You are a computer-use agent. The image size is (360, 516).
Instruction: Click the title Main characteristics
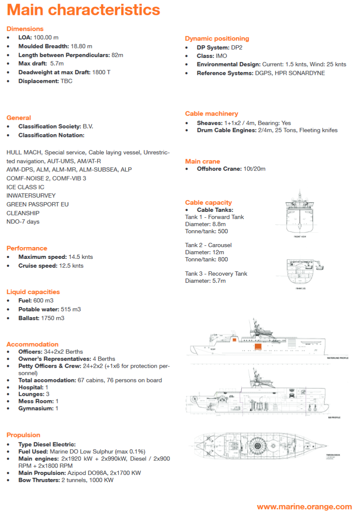tap(83, 10)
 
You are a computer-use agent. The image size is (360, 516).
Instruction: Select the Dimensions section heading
tap(25, 29)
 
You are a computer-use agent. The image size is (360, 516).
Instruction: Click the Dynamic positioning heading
tap(217, 39)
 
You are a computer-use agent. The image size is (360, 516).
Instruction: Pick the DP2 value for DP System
tap(236, 47)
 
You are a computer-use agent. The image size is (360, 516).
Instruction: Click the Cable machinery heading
tap(211, 114)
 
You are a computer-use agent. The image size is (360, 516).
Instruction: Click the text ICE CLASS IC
tap(25, 187)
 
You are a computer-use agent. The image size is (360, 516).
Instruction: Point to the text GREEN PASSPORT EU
tap(37, 204)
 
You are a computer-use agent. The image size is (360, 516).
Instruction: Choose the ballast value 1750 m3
tap(53, 318)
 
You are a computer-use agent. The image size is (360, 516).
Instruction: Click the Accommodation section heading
tap(32, 344)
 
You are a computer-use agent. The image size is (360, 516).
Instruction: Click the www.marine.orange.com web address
tap(304, 507)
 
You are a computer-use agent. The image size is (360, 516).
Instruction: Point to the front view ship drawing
tap(299, 214)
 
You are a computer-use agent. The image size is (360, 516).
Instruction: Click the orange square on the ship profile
tap(257, 347)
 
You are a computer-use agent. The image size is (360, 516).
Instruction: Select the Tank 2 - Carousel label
tap(208, 245)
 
